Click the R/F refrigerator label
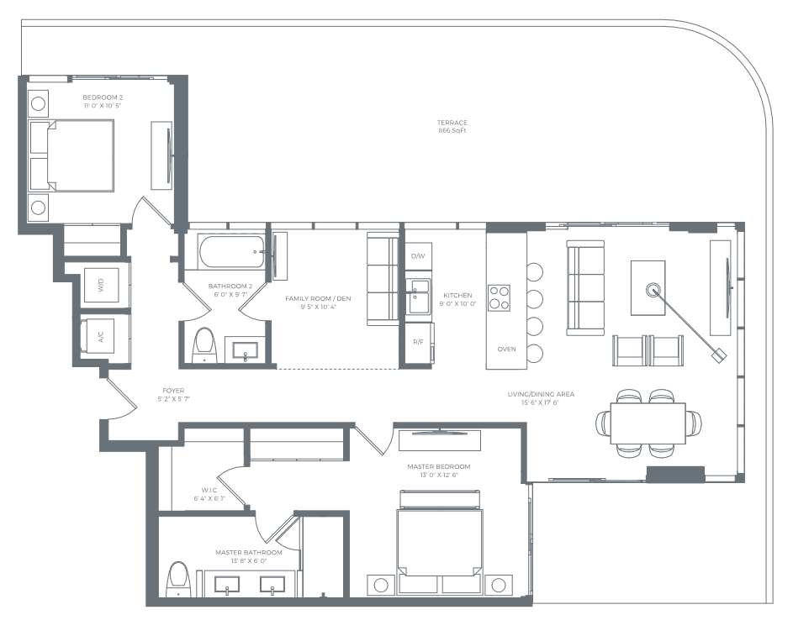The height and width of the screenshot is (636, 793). (417, 342)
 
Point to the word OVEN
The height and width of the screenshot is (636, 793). (506, 349)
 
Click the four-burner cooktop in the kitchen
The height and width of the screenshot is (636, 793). (500, 297)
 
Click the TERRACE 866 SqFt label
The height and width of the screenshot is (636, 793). (452, 127)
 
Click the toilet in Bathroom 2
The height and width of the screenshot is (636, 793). (204, 344)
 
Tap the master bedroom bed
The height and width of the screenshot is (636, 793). (440, 542)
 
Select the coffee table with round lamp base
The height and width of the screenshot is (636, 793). (648, 287)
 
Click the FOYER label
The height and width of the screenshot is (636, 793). (174, 391)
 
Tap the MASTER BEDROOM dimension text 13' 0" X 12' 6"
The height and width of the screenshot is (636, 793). (438, 476)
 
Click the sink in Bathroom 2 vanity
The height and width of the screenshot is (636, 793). (246, 352)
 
